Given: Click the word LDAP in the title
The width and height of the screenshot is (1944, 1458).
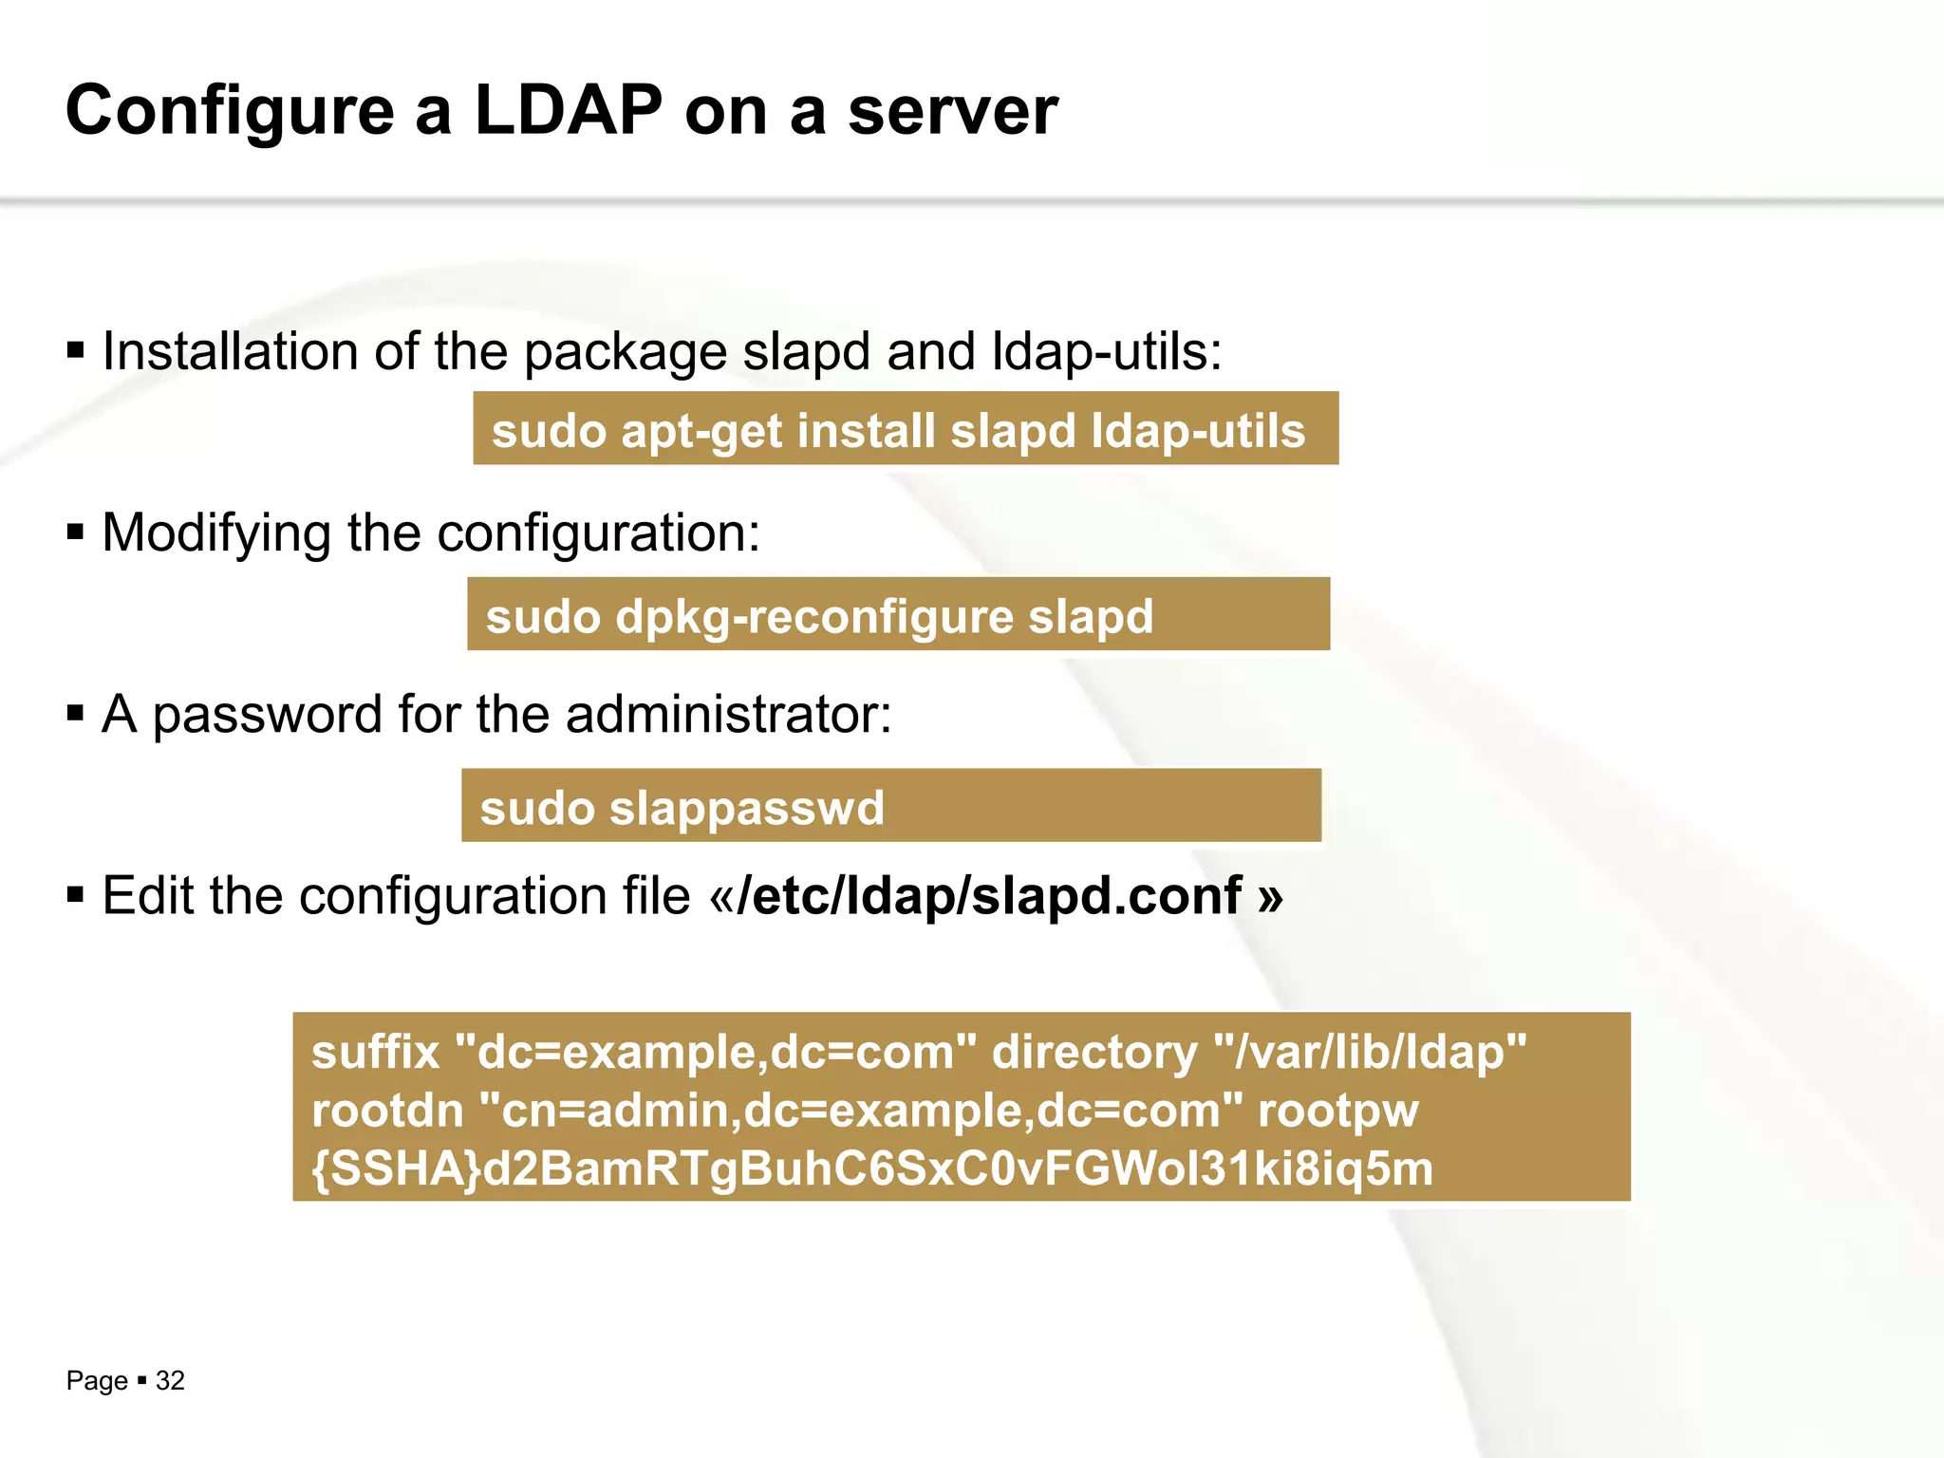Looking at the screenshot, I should (x=568, y=111).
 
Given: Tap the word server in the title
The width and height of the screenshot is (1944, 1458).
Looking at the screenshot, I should (x=952, y=111).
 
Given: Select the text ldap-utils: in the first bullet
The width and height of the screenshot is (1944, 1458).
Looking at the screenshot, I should (x=1107, y=351).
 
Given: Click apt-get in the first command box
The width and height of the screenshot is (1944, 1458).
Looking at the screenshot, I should (x=701, y=431).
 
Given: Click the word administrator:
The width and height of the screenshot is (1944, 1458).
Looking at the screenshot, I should (x=729, y=714).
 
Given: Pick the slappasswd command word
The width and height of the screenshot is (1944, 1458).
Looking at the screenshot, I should (x=746, y=809).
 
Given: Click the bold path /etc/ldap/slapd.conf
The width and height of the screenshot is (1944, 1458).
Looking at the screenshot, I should (x=989, y=896).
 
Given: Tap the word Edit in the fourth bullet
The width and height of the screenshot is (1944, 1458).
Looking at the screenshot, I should (x=147, y=896).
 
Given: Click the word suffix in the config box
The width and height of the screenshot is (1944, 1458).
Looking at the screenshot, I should (x=376, y=1053).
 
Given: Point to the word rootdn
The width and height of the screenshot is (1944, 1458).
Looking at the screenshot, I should (x=387, y=1111).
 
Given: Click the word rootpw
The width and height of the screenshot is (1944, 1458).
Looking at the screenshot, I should (x=1337, y=1111).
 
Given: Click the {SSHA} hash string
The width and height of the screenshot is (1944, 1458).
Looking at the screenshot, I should (x=871, y=1168).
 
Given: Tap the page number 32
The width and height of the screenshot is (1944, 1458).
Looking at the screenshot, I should (x=170, y=1381).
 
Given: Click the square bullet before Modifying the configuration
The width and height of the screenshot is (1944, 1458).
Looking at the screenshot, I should (x=76, y=533).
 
